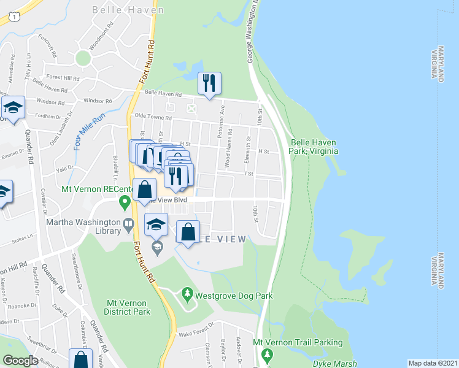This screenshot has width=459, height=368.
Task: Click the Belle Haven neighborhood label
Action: point(128,10)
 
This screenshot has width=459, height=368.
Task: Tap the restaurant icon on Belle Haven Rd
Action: point(209,83)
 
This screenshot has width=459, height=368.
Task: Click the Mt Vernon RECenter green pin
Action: point(125,200)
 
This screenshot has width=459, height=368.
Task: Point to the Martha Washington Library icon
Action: point(128,224)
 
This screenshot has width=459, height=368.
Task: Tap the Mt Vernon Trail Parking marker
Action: point(266,355)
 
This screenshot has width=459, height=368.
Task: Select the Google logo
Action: point(21,361)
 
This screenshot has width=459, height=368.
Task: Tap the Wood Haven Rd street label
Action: point(228,148)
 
